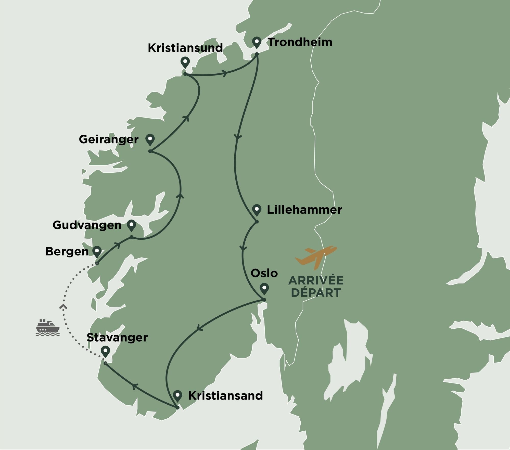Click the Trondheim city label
300,42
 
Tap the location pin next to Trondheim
257,42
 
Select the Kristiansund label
185,48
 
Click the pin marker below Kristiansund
185,62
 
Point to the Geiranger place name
109,139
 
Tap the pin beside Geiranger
150,139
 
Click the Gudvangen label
87,225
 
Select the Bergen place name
67,252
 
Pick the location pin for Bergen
97,251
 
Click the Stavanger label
117,338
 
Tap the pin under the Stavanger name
105,351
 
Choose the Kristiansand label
225,396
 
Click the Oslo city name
264,273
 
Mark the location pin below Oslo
264,289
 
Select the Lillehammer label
304,210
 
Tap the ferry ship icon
48,327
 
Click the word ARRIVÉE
316,281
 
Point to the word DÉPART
316,293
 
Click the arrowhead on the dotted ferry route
63,306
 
